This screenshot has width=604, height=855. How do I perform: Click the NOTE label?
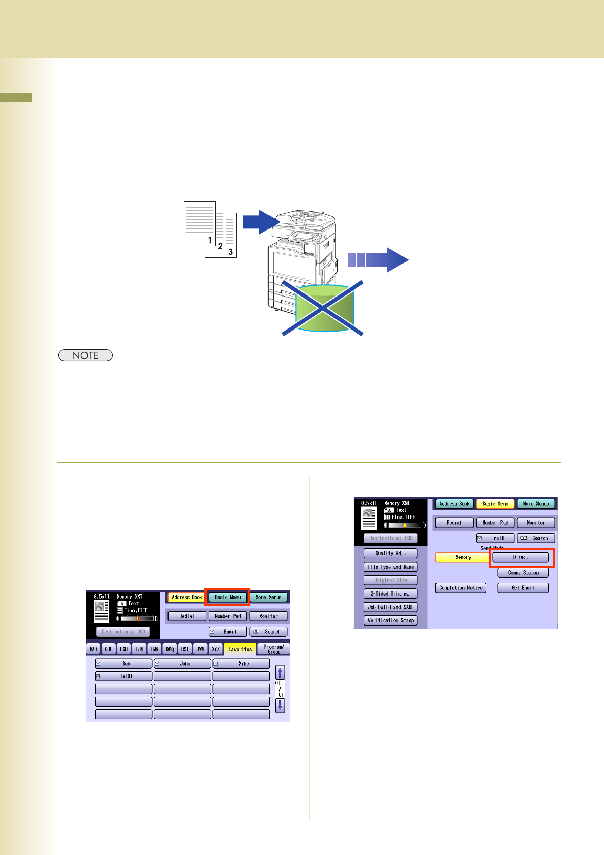coord(85,355)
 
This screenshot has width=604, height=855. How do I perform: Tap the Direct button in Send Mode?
coord(520,557)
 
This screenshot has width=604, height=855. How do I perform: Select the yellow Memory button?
coord(463,557)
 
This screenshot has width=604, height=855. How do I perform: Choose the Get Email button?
coord(523,588)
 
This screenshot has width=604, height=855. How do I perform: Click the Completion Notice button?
coord(460,588)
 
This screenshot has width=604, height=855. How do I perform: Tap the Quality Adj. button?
coord(390,553)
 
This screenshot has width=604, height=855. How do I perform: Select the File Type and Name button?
coord(390,567)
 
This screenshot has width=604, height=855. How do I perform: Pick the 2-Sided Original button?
coord(390,594)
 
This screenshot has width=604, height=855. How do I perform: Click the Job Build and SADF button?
coord(390,607)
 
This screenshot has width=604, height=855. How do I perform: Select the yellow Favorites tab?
coord(240,649)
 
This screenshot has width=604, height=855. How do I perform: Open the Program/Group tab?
coord(274,649)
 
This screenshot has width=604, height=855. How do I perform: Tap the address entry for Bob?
coord(124,664)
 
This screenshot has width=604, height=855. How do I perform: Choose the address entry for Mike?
coord(241,664)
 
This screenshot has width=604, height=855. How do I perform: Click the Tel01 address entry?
coord(124,676)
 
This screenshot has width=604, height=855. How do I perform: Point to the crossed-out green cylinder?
coord(324,308)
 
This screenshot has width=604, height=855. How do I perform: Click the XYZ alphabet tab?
coord(216,649)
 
